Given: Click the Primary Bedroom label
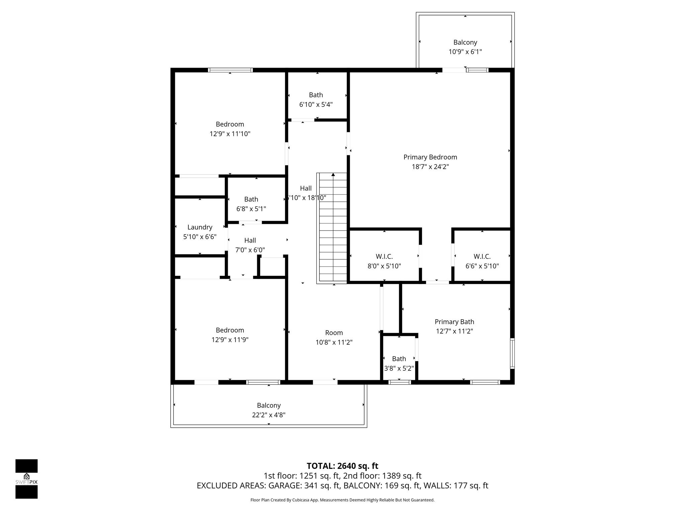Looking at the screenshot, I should click(x=430, y=157).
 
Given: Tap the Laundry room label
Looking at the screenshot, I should click(x=200, y=227).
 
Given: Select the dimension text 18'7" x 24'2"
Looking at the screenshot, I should click(x=430, y=167).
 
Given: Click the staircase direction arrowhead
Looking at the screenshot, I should click(x=333, y=175).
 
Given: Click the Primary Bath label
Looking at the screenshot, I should click(x=454, y=322).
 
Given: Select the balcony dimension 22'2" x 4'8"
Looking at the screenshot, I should click(x=269, y=415).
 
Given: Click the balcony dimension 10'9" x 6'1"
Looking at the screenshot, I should click(x=465, y=52).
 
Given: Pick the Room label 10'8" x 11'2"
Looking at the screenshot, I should click(x=334, y=333).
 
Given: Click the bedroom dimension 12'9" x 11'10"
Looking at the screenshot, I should click(x=230, y=134).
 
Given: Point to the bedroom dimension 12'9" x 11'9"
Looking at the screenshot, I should click(x=230, y=340).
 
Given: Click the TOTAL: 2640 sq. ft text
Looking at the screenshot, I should click(x=342, y=466).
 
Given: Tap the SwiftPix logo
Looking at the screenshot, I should click(x=26, y=479).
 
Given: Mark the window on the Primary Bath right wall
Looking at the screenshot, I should click(x=512, y=353).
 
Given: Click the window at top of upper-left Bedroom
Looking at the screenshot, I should click(x=230, y=70).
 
